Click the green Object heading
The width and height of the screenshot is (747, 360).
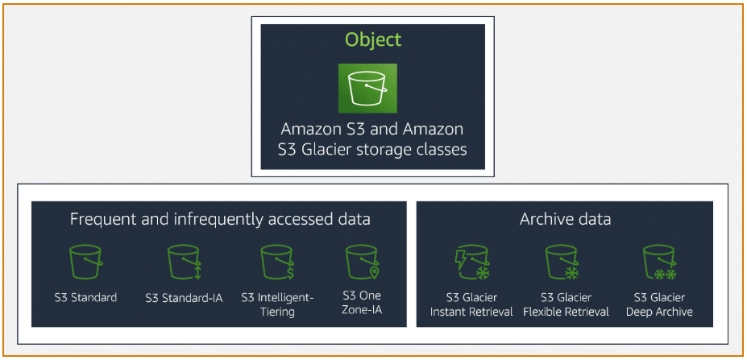(x=372, y=39)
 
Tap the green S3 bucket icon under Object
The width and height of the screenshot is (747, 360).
(x=372, y=87)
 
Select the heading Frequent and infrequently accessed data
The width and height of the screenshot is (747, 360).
(x=220, y=219)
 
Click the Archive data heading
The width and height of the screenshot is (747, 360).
(x=565, y=219)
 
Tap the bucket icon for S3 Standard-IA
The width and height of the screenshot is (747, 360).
(x=185, y=262)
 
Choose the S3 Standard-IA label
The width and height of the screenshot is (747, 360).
(x=185, y=297)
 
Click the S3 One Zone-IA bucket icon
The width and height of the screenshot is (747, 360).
(x=361, y=262)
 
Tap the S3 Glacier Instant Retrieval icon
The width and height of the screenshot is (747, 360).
(x=471, y=263)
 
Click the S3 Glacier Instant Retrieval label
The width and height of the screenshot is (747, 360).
(x=471, y=304)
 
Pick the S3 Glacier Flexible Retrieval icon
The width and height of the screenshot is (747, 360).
(x=565, y=263)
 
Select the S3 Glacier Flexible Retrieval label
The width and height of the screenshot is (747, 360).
(x=565, y=304)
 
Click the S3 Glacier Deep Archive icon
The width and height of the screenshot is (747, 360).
(x=659, y=263)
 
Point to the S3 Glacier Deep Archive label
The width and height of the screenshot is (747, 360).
(x=659, y=304)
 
